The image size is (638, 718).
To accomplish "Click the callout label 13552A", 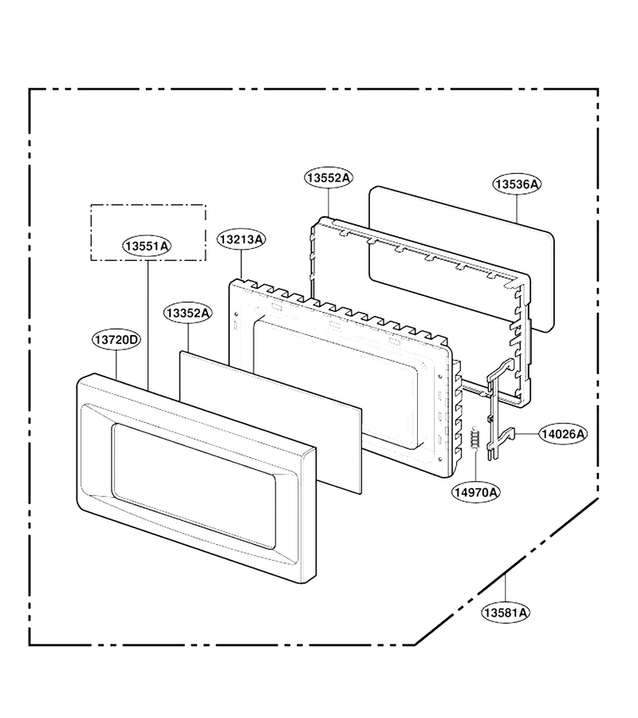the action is (x=329, y=178).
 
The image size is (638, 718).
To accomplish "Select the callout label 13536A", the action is (x=517, y=184).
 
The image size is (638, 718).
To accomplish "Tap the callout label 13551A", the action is (x=147, y=247).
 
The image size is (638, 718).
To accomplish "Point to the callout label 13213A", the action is (x=241, y=239).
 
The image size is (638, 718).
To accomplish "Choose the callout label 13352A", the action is (x=188, y=314).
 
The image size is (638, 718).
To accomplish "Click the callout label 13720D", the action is (x=116, y=340).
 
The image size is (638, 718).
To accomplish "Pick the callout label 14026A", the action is (x=563, y=434).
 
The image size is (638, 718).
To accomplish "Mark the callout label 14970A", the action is (x=476, y=492).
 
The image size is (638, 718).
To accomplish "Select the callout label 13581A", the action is (x=506, y=612).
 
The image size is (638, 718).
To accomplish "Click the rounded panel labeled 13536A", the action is (x=461, y=258).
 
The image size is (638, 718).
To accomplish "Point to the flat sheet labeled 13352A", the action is (x=270, y=422).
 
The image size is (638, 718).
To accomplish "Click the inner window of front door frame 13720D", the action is (x=194, y=486).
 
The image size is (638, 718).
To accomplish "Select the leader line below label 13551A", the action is (x=148, y=323).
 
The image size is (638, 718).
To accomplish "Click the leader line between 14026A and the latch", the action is (x=527, y=434).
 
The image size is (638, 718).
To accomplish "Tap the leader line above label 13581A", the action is (x=506, y=589).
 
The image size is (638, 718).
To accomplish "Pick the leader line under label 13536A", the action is (x=517, y=208).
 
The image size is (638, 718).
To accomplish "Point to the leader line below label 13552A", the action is (x=329, y=202).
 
